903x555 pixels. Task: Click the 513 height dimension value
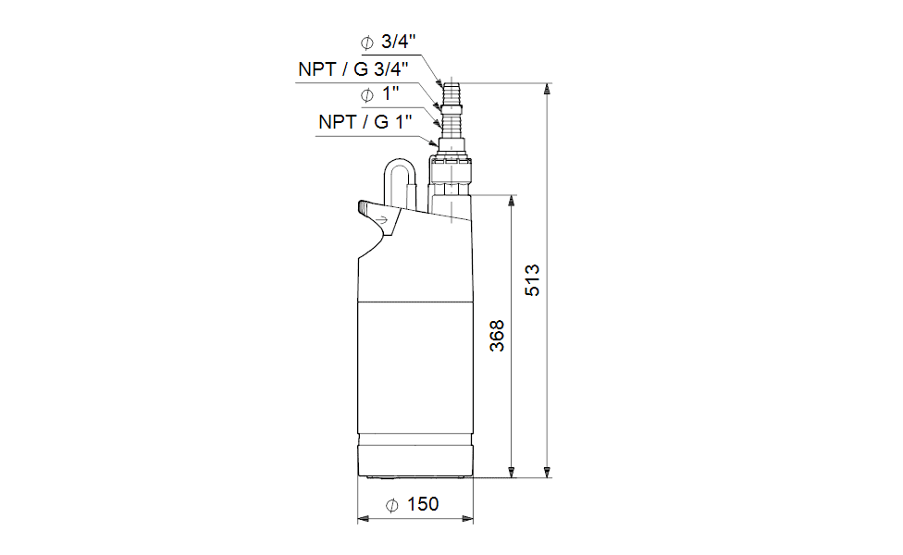[532, 280]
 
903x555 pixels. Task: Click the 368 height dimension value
[497, 336]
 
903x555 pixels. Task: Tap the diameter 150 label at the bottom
[413, 504]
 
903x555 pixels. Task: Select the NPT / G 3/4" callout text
[353, 69]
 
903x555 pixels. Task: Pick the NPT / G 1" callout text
[365, 122]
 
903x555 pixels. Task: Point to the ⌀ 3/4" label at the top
[389, 42]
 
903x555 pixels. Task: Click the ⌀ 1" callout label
[380, 93]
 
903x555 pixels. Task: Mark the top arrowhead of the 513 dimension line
[547, 88]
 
